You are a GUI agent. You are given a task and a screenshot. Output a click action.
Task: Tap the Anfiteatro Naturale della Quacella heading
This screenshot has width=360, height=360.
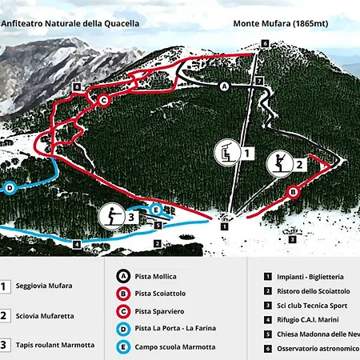click(x=70, y=23)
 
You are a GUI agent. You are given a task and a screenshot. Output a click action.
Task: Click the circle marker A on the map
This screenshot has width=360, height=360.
click(x=224, y=85)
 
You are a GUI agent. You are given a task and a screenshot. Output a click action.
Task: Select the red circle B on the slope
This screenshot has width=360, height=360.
click(x=293, y=192)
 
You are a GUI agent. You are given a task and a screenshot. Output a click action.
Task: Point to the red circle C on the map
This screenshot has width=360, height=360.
click(x=103, y=100)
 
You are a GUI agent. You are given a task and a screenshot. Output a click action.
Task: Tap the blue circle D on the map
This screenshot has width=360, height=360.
click(x=10, y=188)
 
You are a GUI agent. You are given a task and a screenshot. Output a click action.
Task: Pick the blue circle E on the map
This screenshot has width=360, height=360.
click(x=157, y=210)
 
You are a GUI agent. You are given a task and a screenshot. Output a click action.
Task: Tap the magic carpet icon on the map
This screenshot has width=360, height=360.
click(x=112, y=215)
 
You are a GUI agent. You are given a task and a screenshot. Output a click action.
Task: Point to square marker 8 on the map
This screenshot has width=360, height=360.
click(x=77, y=86)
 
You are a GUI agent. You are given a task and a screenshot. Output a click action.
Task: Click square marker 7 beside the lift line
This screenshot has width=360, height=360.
click(x=259, y=82)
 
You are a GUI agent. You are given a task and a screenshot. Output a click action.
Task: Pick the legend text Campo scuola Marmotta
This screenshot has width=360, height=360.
click(x=176, y=346)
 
